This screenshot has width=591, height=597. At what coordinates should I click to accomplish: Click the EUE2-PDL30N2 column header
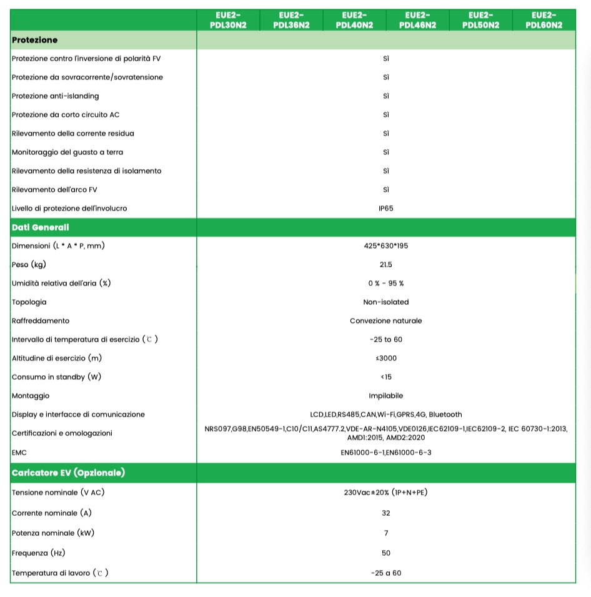coord(228,20)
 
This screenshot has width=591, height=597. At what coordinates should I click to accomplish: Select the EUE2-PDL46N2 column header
coord(417,20)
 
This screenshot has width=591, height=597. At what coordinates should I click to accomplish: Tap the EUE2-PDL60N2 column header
coord(544,20)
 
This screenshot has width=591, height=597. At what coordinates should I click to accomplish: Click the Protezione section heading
coord(35,40)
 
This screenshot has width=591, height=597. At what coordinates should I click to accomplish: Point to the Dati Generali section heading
coord(41,227)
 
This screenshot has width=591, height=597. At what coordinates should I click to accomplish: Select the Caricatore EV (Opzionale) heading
coord(68,473)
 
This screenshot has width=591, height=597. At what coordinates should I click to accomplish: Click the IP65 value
coord(386,209)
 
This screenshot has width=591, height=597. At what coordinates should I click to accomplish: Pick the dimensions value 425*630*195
coord(386,246)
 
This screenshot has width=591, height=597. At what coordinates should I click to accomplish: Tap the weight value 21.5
coord(386,265)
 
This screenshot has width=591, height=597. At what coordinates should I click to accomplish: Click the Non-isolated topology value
coord(386,302)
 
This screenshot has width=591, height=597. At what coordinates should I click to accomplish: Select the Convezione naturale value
coord(386,321)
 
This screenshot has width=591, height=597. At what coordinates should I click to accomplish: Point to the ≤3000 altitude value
coord(386,358)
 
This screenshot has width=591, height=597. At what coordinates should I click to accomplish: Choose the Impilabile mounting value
coord(386,396)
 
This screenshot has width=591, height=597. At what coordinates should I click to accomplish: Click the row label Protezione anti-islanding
coord(56,96)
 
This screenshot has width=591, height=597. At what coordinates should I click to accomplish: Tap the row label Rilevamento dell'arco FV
coord(54,190)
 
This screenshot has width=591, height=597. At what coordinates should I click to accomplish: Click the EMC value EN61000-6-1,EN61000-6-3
coord(386,452)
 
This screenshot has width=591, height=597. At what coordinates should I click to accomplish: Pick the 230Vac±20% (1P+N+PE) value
coord(386,492)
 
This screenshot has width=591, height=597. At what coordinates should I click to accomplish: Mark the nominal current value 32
coord(386,513)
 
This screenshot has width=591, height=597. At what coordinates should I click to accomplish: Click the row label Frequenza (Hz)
coord(39,553)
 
